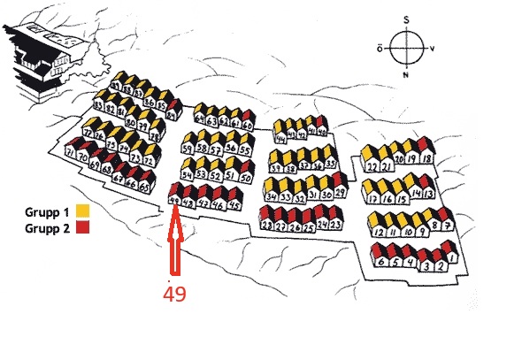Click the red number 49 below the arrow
(174, 293)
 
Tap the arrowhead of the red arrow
(174, 214)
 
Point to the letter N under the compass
(406, 74)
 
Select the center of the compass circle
(406, 46)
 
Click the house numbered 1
(452, 257)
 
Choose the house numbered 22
(372, 165)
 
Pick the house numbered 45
(234, 204)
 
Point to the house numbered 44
(280, 138)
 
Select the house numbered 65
(144, 187)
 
